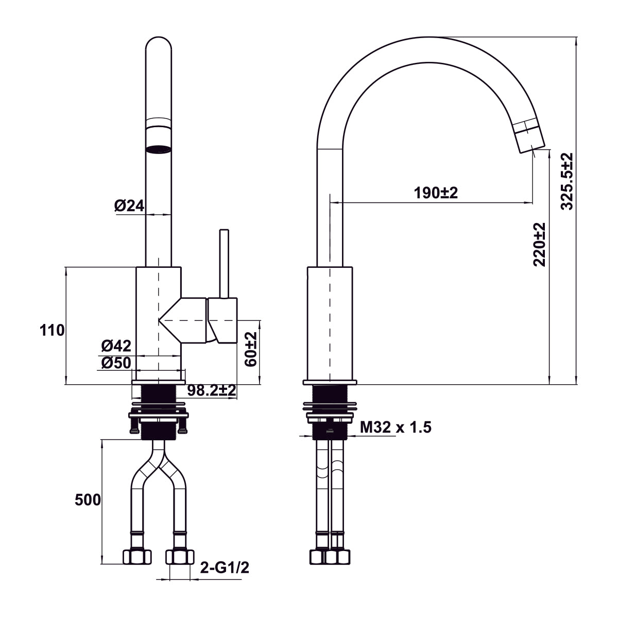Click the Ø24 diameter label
(x=129, y=206)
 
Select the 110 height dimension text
(x=53, y=330)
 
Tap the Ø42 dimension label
(x=116, y=346)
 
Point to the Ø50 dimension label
(x=116, y=363)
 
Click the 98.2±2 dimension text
(x=212, y=390)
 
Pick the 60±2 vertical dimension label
(x=251, y=349)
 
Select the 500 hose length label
(x=88, y=500)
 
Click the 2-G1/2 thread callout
(x=225, y=568)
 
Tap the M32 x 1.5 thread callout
(x=396, y=427)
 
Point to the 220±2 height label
(x=539, y=244)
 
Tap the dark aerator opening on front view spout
(x=158, y=150)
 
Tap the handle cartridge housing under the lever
(x=223, y=320)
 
